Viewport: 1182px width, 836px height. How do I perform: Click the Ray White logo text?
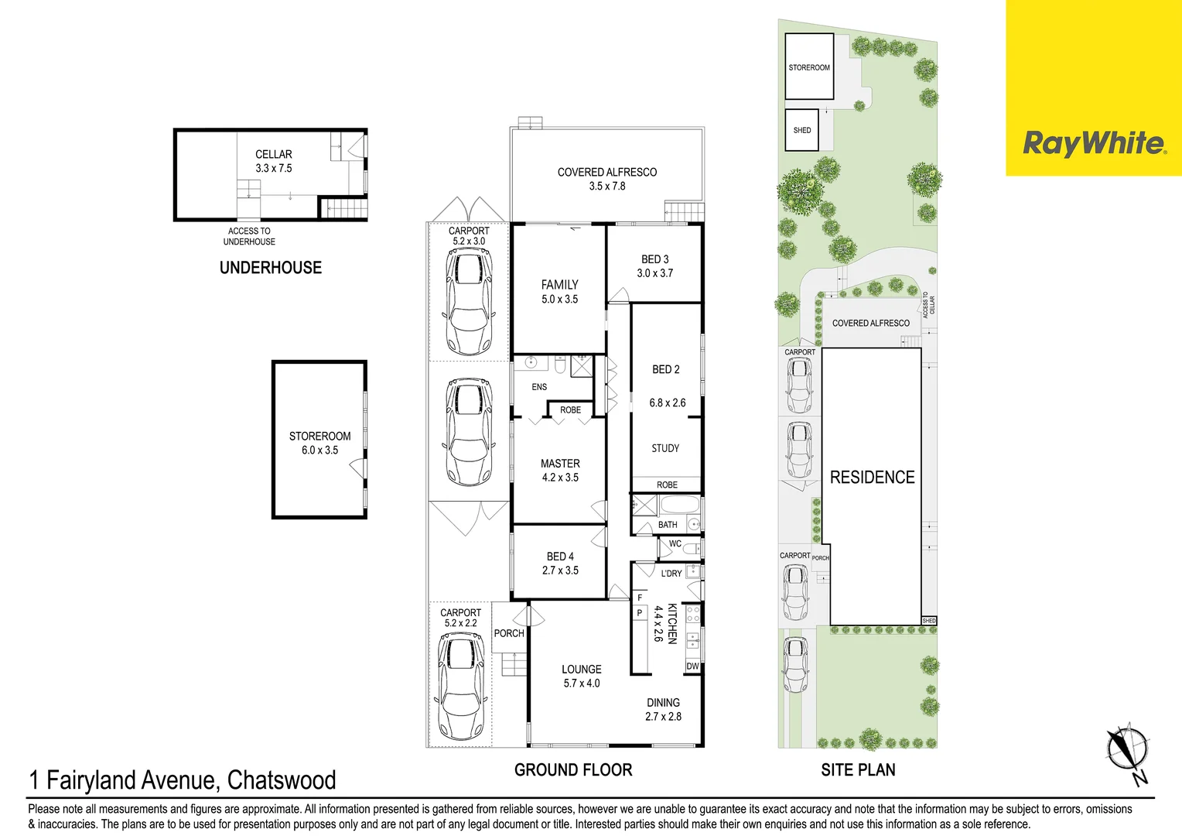(1092, 144)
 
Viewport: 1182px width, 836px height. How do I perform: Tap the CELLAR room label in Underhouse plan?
(274, 155)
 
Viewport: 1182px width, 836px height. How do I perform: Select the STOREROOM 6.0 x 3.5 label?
(319, 443)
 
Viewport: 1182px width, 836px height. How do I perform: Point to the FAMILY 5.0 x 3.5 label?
(559, 292)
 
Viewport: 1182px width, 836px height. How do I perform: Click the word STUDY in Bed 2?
(665, 448)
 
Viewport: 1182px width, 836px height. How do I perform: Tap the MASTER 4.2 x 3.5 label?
(560, 470)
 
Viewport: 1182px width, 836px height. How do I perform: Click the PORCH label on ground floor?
(509, 633)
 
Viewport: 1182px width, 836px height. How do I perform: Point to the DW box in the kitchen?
(692, 666)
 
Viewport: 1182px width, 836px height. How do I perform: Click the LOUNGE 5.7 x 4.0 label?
(582, 676)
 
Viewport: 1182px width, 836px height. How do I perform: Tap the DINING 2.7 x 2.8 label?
(663, 709)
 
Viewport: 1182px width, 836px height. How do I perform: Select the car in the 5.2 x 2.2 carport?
(461, 686)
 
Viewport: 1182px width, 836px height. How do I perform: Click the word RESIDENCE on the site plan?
(872, 478)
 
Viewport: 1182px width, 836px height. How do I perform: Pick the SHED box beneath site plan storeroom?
(802, 130)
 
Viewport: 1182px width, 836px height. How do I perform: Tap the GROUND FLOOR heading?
(573, 770)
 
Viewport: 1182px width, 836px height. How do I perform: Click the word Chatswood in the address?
(282, 780)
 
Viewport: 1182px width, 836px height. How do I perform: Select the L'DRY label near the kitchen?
(671, 574)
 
